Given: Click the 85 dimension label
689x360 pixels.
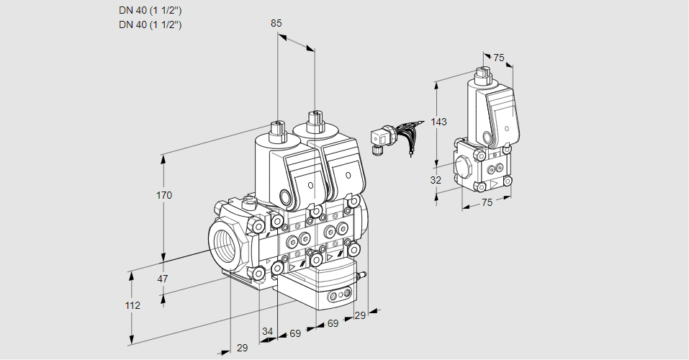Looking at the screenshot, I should pyautogui.click(x=276, y=23).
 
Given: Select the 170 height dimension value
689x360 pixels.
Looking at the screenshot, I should pyautogui.click(x=165, y=196).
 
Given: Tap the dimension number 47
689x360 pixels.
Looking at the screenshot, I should pyautogui.click(x=163, y=279).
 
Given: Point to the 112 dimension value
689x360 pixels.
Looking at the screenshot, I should pyautogui.click(x=132, y=305).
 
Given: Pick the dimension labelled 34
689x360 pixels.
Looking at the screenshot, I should pyautogui.click(x=268, y=331).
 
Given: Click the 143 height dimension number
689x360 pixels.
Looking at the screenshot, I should pyautogui.click(x=439, y=122).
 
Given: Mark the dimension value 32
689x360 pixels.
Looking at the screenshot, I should pyautogui.click(x=436, y=180).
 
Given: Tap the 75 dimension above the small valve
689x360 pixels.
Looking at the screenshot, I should pyautogui.click(x=498, y=58).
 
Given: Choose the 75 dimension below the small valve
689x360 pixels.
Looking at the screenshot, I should pyautogui.click(x=487, y=202).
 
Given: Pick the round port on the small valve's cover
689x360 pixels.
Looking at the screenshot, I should pyautogui.click(x=488, y=136).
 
